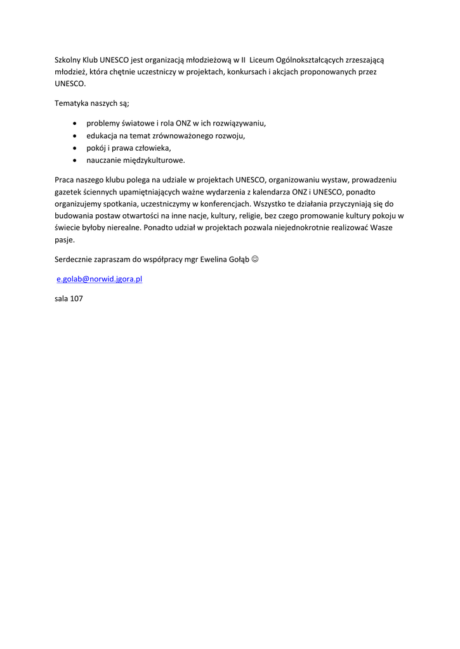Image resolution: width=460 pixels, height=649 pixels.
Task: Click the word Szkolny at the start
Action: click(x=67, y=60)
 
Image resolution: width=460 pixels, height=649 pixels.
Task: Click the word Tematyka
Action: click(x=72, y=103)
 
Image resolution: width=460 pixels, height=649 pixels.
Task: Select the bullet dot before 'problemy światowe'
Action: click(x=76, y=124)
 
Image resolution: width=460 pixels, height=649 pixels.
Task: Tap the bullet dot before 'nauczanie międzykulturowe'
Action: click(x=76, y=160)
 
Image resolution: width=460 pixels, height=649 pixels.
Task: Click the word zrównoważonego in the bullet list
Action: click(x=181, y=136)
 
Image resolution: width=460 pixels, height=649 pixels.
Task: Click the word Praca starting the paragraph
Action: click(x=65, y=180)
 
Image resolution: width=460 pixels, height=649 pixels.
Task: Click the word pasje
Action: click(x=65, y=240)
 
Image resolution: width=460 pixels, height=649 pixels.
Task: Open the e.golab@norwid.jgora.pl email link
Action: click(x=99, y=279)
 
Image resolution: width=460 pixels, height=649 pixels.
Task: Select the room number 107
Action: click(x=77, y=298)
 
